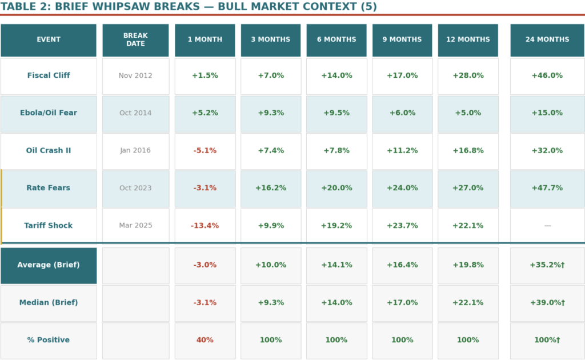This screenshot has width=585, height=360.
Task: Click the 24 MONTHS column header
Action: pyautogui.click(x=547, y=39)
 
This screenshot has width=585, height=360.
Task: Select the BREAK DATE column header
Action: pyautogui.click(x=135, y=39)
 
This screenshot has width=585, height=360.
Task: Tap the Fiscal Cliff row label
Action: pyautogui.click(x=49, y=75)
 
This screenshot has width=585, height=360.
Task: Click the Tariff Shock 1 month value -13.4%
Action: pyautogui.click(x=205, y=226)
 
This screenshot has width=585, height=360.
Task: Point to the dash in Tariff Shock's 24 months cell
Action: pyautogui.click(x=547, y=226)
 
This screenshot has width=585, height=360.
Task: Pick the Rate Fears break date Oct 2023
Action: pyautogui.click(x=135, y=188)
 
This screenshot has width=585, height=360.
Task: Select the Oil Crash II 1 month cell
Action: pyautogui.click(x=205, y=151)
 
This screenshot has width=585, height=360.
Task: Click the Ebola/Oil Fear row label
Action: pyautogui.click(x=49, y=113)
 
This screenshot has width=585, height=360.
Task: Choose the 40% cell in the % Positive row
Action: pyautogui.click(x=205, y=340)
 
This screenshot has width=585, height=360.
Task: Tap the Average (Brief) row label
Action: pyautogui.click(x=49, y=265)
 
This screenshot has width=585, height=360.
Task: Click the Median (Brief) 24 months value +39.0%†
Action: pyautogui.click(x=547, y=303)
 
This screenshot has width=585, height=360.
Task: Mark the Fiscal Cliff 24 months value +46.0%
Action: pyautogui.click(x=547, y=75)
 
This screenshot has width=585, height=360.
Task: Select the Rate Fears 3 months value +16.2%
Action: pyautogui.click(x=270, y=188)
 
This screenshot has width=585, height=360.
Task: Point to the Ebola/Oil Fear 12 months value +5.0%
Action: pyautogui.click(x=468, y=113)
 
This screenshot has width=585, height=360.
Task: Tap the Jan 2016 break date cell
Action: pyautogui.click(x=135, y=151)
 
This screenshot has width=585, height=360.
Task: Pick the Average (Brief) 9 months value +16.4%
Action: pyautogui.click(x=402, y=265)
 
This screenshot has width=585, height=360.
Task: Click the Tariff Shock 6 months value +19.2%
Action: pyautogui.click(x=336, y=226)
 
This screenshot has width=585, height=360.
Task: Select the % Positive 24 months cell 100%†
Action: pyautogui.click(x=547, y=340)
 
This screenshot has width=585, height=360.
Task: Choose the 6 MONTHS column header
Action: pyautogui.click(x=336, y=39)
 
